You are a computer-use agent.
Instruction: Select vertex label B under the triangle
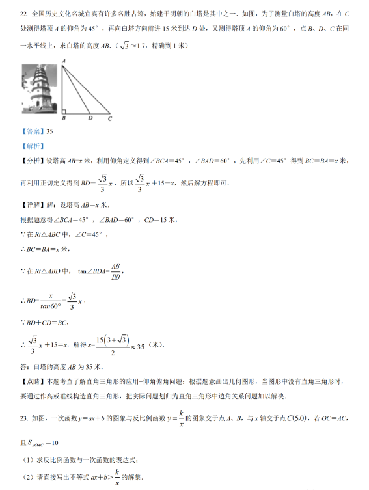[x=63, y=119]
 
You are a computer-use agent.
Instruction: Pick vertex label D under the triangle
[x=90, y=119]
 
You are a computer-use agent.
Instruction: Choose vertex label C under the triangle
[x=110, y=119]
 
